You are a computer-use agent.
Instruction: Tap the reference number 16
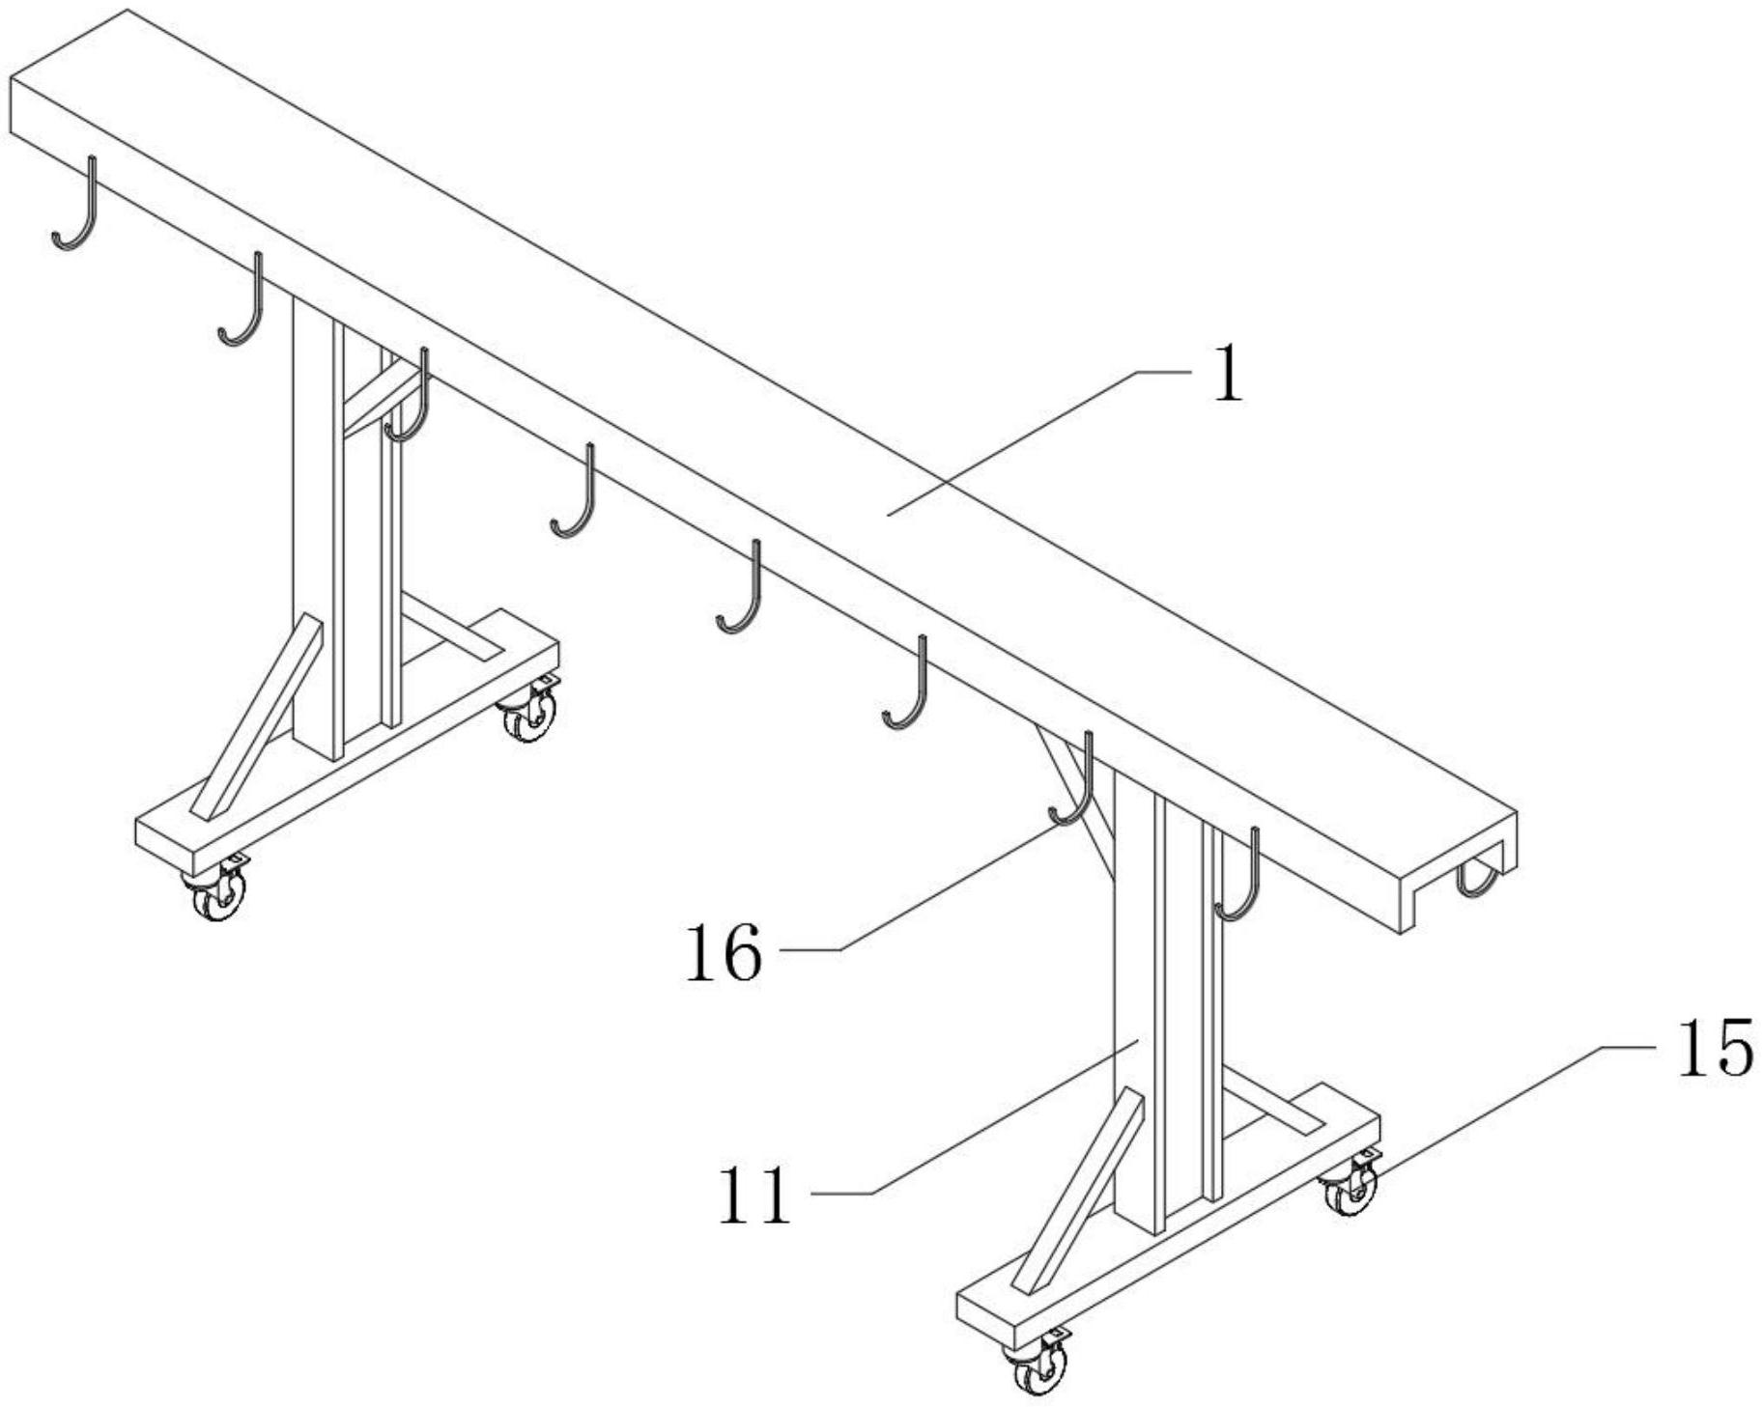[724, 953]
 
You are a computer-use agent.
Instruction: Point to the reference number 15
[1714, 1049]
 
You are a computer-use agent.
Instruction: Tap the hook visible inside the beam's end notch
[1478, 879]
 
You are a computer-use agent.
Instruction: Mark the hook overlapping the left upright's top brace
[412, 401]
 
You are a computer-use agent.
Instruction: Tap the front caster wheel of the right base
[1039, 1368]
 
